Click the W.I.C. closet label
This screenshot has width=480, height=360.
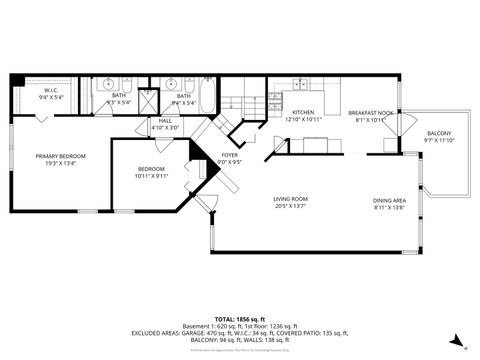[x=50, y=92]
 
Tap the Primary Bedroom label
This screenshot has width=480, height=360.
[x=61, y=156]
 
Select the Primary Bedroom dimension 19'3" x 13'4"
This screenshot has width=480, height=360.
[x=61, y=163]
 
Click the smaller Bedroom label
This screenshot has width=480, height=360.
[x=151, y=168]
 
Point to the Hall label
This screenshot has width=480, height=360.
[x=165, y=121]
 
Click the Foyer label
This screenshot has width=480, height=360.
[x=228, y=155]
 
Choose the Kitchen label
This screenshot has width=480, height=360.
[x=304, y=113]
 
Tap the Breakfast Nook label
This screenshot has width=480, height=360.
[x=370, y=113]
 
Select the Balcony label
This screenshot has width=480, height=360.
[x=438, y=134]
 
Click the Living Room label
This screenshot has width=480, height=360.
[x=290, y=199]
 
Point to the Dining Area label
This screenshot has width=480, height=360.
[x=390, y=199]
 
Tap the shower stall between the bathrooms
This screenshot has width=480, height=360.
[x=149, y=99]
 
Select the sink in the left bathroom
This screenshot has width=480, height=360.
[x=111, y=84]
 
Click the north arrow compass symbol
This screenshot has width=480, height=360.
[x=456, y=340]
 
